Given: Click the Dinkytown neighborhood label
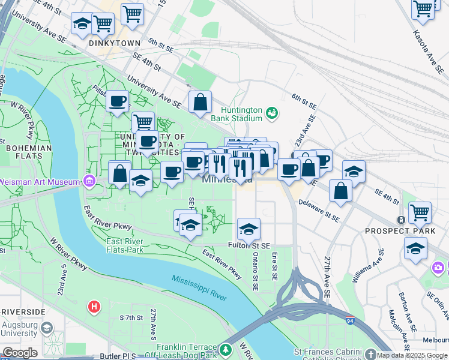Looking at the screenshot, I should coord(114,43).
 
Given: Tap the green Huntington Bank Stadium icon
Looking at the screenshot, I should coord(272,113).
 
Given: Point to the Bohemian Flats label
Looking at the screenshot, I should coord(29,152).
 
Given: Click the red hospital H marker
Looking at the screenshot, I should coord(94,307).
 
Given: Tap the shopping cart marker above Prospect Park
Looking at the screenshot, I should coord(420,212).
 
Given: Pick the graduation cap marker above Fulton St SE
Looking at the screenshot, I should coord(249,229).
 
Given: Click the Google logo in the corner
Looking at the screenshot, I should coord(20,353).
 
